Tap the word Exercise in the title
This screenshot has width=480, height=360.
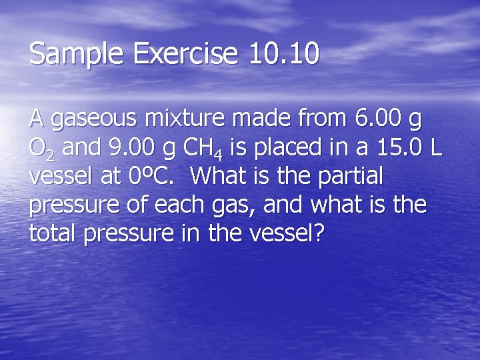coord(175,54)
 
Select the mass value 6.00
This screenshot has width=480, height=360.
coord(379,120)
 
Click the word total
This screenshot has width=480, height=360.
coord(53,233)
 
